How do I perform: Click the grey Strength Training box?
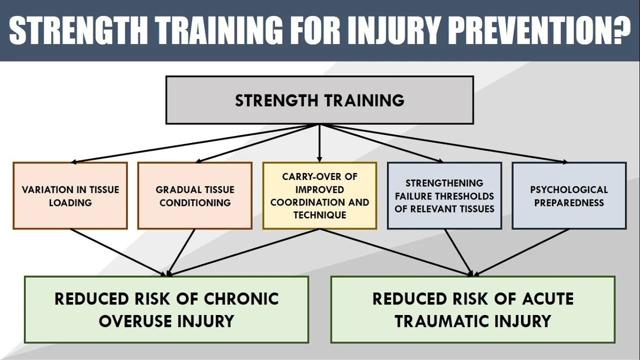pyautogui.click(x=319, y=100)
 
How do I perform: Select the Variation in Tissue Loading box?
pyautogui.click(x=70, y=196)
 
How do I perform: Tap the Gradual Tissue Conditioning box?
pyautogui.click(x=195, y=196)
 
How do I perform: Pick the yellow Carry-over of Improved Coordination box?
pyautogui.click(x=319, y=196)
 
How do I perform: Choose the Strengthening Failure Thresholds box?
pyautogui.click(x=444, y=196)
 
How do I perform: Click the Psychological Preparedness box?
pyautogui.click(x=569, y=196)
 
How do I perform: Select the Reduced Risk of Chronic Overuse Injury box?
pyautogui.click(x=166, y=309)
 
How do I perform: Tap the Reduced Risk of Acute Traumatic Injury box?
pyautogui.click(x=472, y=309)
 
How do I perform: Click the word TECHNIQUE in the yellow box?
pyautogui.click(x=319, y=215)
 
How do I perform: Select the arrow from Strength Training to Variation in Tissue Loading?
pyautogui.click(x=195, y=143)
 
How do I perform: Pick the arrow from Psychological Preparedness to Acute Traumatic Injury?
pyautogui.click(x=522, y=252)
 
